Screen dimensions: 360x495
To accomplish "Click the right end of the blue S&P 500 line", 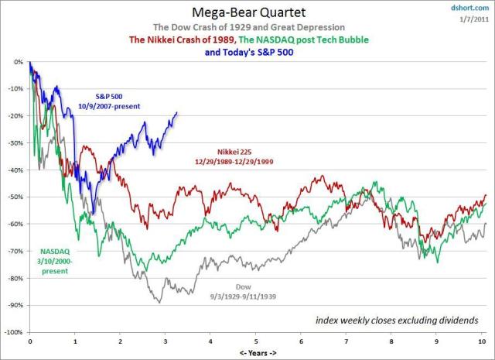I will pos(177,112).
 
